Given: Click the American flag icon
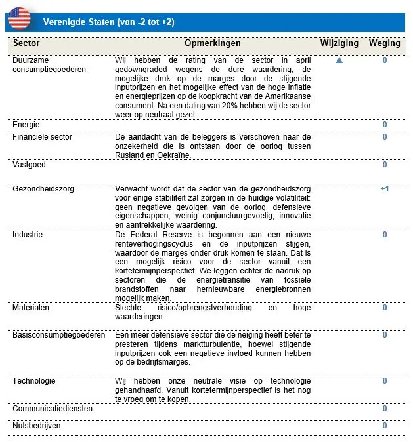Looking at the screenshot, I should coord(18,19).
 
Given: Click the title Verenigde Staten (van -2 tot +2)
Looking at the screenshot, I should coord(108,22).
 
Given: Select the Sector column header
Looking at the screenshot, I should coord(26,43).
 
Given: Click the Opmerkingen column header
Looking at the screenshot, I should coord(213,43).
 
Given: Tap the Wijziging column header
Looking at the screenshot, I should coord(339,43).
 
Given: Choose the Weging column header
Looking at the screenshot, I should coord(385,43).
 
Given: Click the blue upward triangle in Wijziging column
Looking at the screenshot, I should coord(339,60).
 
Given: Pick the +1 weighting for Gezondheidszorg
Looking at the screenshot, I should coord(385,189).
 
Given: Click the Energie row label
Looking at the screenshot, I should coord(27,125).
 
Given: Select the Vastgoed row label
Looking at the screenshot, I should coord(30,165).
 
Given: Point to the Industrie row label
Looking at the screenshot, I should coord(28,235).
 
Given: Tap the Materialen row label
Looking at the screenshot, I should coord(32,307).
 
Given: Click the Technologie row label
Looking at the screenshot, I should coord(34,381).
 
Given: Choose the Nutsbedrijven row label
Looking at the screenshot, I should coord(36,426).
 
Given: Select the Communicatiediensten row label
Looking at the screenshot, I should coord(53,409).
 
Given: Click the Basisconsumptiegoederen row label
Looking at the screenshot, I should coord(59,335).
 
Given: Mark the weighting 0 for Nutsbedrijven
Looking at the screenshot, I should coord(385,426).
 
